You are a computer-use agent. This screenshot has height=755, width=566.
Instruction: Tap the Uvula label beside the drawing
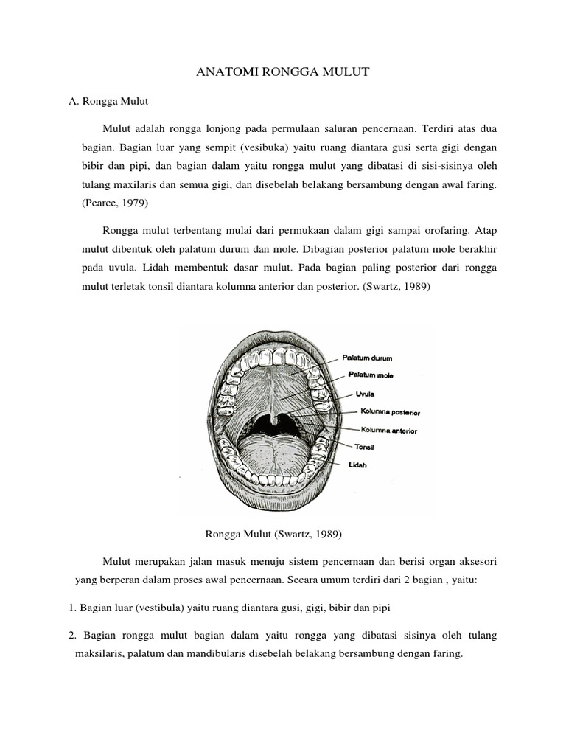(x=366, y=394)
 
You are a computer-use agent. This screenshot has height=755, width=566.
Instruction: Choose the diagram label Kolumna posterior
(x=389, y=412)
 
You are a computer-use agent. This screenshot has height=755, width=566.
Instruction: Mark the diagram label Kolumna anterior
(x=388, y=430)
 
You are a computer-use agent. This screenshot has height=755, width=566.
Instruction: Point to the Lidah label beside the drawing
(x=358, y=465)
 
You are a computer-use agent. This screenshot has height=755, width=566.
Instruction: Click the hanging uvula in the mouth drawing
(x=273, y=421)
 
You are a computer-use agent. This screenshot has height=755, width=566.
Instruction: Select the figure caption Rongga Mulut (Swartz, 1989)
(x=272, y=533)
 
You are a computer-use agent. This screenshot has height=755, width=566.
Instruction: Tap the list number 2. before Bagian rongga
(x=72, y=635)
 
